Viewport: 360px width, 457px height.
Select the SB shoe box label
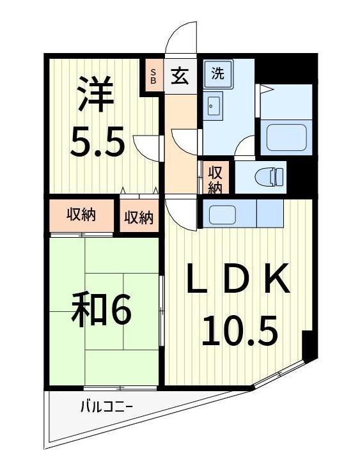[x=153, y=76]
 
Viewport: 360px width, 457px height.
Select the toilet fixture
[x=269, y=174]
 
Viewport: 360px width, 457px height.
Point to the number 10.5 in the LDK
[x=240, y=330]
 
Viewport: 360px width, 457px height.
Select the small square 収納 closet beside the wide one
[x=139, y=218]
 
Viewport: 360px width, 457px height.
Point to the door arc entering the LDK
[x=181, y=215]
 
